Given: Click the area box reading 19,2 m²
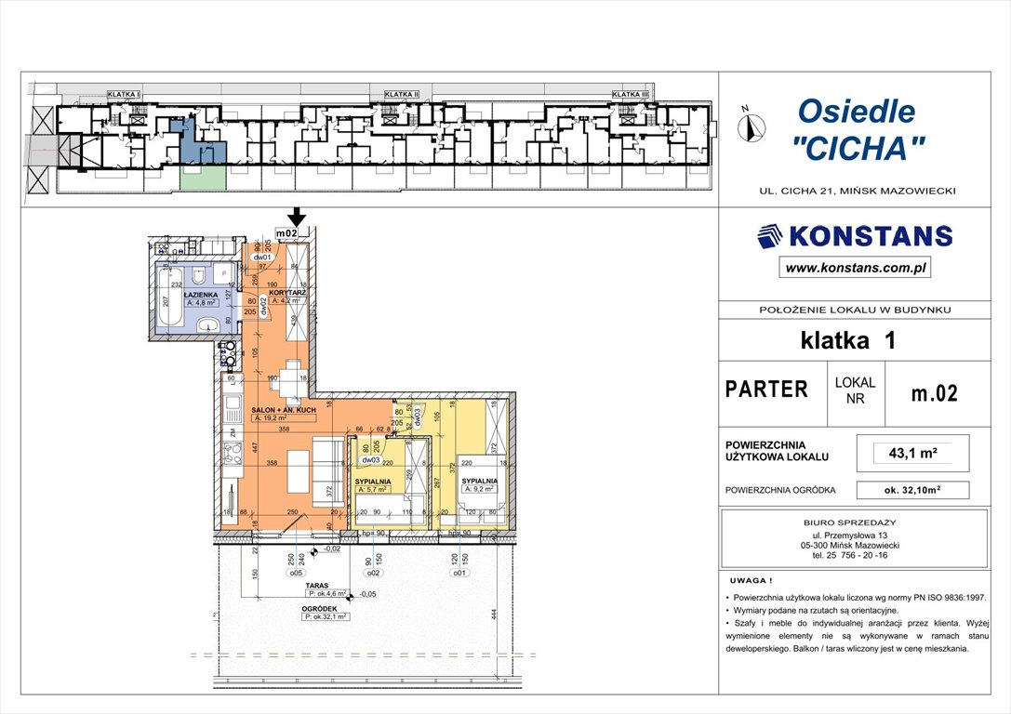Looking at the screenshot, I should (x=277, y=419).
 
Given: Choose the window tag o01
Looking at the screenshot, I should (x=459, y=574).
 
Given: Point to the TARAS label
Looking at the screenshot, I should (x=314, y=586).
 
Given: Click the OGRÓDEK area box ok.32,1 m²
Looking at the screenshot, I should (x=324, y=615).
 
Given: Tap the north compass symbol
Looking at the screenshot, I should (x=751, y=124).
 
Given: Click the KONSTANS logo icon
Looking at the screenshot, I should (x=770, y=237).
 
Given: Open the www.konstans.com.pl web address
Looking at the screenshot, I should (x=854, y=268).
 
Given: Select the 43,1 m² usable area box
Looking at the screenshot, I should (x=912, y=454).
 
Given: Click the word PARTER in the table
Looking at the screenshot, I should (x=766, y=390).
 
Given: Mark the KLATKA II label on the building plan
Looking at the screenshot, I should (x=402, y=94).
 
